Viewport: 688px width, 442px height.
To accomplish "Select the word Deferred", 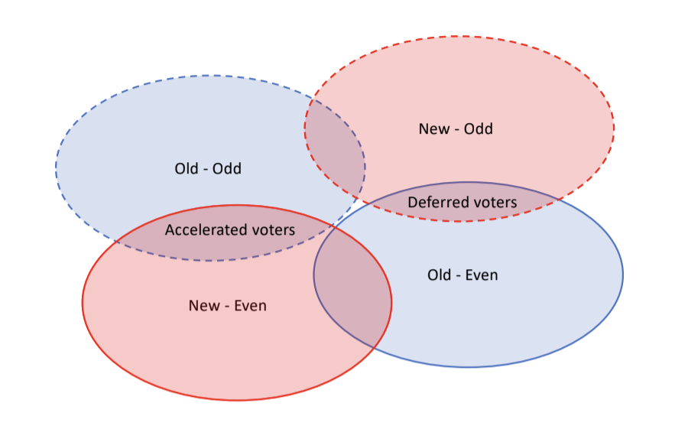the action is coord(435,203).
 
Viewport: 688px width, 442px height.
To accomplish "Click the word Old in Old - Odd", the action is coord(187,168).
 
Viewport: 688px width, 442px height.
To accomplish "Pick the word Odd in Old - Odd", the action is coord(227,168).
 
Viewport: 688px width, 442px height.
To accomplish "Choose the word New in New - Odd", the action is coord(434,129).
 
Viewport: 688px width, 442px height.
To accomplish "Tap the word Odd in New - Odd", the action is coord(479,129).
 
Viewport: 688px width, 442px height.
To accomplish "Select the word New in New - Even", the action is coord(204,305).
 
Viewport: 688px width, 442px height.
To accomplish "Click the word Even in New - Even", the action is coord(250,305).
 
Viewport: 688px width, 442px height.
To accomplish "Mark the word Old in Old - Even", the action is coord(440,275).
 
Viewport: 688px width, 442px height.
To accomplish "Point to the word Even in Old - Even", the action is coord(482,275).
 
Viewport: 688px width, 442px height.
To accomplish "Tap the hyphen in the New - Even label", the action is coord(227,307).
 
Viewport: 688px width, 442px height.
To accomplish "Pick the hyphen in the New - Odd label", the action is coord(457,130).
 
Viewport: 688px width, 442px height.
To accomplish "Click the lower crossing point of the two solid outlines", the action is coord(373,348).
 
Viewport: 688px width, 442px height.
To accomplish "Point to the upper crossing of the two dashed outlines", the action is coord(313,100).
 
